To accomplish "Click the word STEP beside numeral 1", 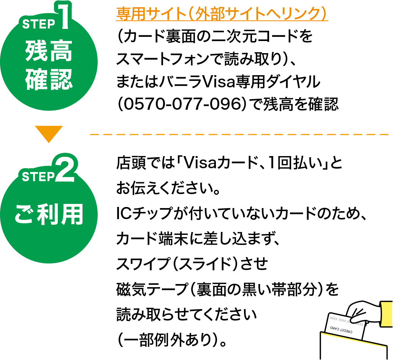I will point(39,24).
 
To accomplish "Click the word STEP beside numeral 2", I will point(38,177).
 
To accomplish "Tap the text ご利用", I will point(49,215).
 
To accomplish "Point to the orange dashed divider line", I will point(239,134).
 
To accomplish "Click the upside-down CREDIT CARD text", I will point(341,330).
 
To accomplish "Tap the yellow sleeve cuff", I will point(387,314).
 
